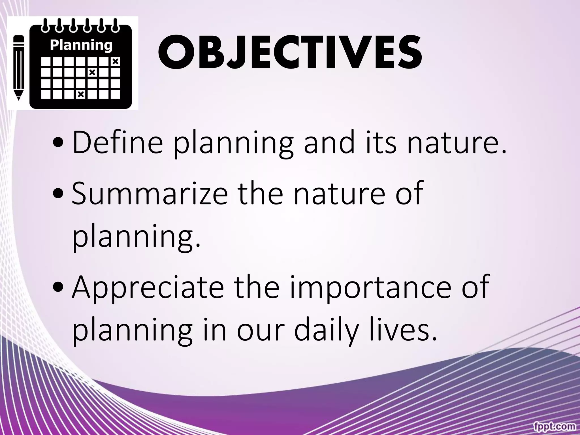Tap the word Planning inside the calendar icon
coord(81,45)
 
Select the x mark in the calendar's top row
coord(116,61)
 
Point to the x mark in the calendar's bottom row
coord(81,94)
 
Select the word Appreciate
coord(148,288)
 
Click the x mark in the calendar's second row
coord(92,72)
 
